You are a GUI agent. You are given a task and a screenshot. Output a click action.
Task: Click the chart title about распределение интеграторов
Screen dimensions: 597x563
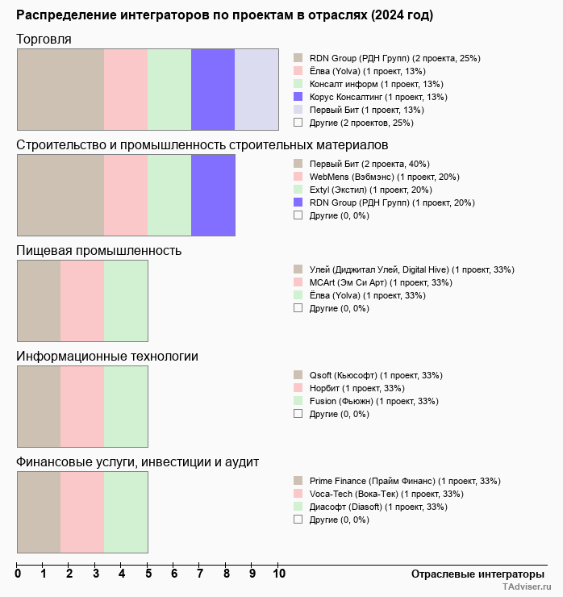(224, 15)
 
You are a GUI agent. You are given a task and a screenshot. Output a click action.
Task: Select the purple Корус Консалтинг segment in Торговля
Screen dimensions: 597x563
(213, 89)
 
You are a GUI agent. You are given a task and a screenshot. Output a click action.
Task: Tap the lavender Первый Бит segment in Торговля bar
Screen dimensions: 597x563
(256, 89)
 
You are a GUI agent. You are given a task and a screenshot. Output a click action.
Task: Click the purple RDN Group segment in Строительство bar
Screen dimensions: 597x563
(213, 194)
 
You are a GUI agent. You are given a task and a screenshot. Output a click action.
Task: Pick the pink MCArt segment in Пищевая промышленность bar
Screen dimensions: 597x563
(82, 300)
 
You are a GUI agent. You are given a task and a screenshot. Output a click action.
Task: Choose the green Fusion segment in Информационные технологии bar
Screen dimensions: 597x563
(126, 406)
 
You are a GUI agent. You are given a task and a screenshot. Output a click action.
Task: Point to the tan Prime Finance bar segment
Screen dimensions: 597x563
(39, 511)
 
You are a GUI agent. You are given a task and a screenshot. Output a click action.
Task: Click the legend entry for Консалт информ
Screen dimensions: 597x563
(377, 84)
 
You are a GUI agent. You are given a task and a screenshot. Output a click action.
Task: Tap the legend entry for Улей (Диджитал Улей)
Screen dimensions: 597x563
(411, 269)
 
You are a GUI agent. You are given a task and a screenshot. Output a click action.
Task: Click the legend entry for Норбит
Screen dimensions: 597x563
(357, 388)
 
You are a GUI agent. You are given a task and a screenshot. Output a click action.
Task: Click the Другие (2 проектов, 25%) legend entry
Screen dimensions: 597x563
(361, 123)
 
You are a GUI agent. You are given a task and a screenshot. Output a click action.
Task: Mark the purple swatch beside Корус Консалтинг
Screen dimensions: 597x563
(298, 97)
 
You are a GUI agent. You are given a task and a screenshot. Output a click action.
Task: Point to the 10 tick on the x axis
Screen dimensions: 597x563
(279, 574)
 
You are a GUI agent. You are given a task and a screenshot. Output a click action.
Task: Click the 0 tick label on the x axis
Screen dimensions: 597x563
(18, 574)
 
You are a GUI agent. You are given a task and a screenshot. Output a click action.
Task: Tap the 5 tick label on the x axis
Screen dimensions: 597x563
(148, 574)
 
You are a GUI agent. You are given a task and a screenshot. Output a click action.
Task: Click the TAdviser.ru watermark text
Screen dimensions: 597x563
(527, 587)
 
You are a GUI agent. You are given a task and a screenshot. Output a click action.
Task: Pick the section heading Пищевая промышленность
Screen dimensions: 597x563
(99, 250)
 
